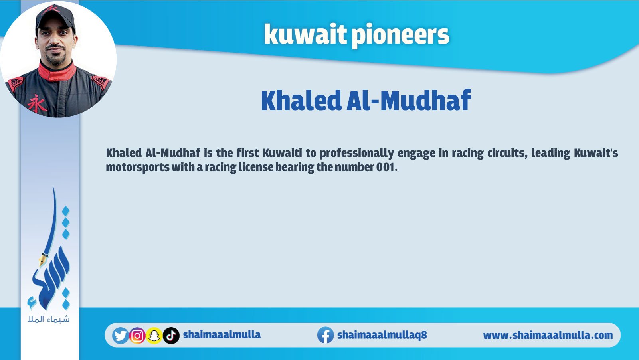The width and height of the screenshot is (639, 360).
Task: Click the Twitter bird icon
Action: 120,336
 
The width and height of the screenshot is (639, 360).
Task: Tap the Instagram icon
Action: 137,336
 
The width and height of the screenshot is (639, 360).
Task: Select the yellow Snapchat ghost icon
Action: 154,336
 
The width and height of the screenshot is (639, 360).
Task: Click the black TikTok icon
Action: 171,336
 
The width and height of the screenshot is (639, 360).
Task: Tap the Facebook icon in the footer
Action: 326,335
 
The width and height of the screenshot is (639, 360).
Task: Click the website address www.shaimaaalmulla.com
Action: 548,336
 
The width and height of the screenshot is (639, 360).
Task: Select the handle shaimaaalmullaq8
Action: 382,335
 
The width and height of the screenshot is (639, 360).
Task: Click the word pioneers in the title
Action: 400,36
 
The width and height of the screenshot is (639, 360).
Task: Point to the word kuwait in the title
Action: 305,34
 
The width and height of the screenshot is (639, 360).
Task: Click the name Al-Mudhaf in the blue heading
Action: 408,100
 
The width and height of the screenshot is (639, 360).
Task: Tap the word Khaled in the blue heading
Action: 301,100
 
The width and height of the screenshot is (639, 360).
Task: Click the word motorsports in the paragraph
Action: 138,168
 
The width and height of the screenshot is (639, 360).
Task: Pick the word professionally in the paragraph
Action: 356,154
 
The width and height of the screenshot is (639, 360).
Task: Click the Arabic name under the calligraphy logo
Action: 49,319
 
